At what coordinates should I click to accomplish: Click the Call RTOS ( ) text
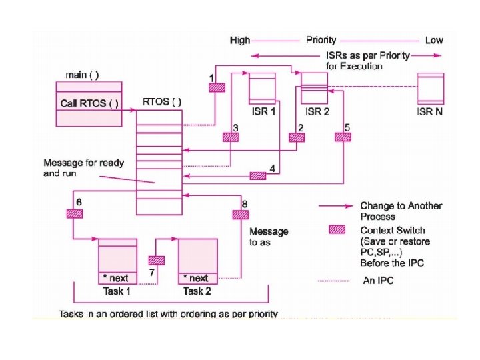tap(89, 103)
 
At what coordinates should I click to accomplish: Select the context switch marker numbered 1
tap(217, 87)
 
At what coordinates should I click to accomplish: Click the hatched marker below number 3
tap(230, 137)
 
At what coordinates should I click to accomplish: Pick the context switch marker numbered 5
tap(342, 137)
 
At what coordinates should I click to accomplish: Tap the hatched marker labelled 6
tap(73, 213)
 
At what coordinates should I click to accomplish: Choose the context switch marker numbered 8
tap(239, 214)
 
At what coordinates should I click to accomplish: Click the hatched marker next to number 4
tap(257, 176)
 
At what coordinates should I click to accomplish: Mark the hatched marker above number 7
tap(156, 261)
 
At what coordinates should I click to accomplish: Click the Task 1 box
tap(118, 261)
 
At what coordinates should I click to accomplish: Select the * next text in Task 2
tap(199, 278)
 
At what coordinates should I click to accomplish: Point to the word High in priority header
tap(239, 40)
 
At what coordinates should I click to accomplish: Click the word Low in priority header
tap(433, 40)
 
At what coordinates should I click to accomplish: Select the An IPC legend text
tap(377, 281)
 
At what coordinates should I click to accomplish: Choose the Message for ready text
tap(83, 163)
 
